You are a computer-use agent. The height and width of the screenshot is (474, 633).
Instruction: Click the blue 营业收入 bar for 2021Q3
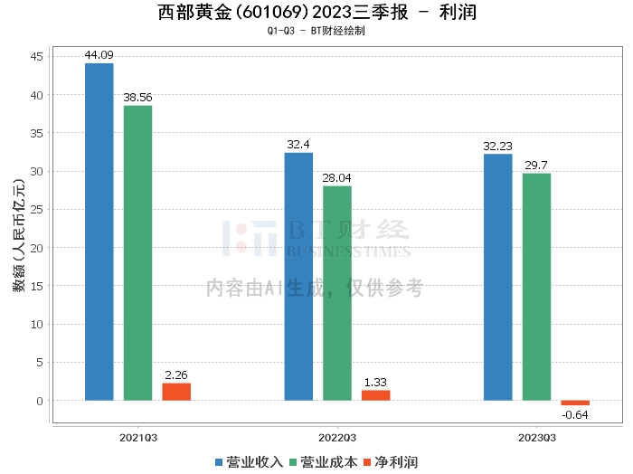[x=99, y=232]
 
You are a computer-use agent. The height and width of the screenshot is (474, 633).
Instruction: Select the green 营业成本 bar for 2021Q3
[x=137, y=252]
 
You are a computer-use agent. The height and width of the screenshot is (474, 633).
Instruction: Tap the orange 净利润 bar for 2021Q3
[x=176, y=391]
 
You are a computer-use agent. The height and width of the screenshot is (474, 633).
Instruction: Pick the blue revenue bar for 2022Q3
[x=298, y=276]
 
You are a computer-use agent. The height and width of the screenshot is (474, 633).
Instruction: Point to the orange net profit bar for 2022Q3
[x=376, y=394]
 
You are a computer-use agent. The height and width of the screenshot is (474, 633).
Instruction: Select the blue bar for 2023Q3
[x=497, y=277]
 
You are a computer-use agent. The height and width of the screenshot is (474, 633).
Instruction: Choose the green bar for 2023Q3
[x=536, y=286]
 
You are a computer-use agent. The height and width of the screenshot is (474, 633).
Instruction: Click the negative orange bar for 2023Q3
[x=575, y=403]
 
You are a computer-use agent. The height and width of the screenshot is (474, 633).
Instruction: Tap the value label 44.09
[x=99, y=56]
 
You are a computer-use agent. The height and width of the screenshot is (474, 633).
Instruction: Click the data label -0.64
[x=575, y=415]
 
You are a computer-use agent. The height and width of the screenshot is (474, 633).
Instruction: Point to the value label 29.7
[x=536, y=166]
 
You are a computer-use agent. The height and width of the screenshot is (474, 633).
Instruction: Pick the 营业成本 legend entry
[x=319, y=462]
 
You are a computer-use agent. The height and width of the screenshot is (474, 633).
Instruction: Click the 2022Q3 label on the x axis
[x=336, y=437]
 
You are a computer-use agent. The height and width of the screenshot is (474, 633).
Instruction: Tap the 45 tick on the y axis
[x=39, y=57]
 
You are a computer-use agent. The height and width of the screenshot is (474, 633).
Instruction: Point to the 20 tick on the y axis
[x=39, y=248]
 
